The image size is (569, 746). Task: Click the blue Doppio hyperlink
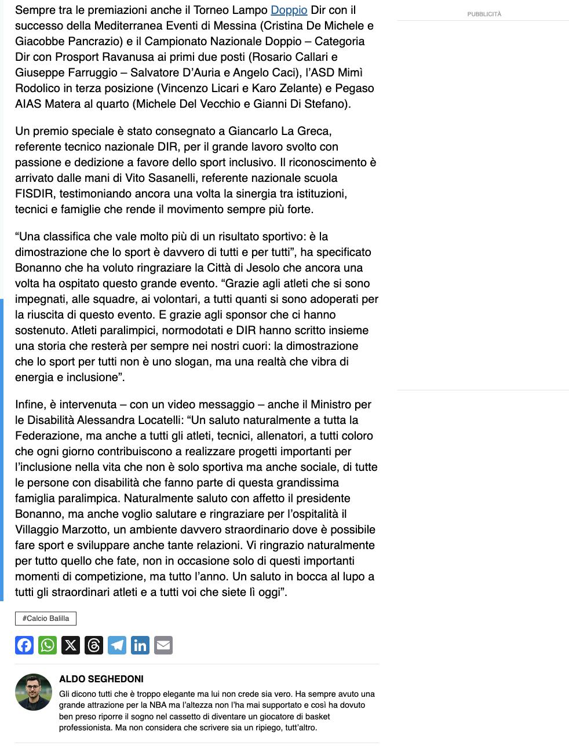point(289,10)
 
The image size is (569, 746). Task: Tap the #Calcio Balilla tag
point(46,619)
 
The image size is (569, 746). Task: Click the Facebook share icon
point(24,645)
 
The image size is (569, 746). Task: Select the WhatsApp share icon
point(48,645)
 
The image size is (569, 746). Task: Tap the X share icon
point(71,645)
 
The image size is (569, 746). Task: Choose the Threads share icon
point(94,645)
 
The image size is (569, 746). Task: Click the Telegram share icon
point(117,645)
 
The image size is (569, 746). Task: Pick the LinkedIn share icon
point(140,645)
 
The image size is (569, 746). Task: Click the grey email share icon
point(163,645)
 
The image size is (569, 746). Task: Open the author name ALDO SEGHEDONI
point(101,679)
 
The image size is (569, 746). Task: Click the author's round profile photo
point(34,692)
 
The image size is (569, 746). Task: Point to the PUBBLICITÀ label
point(484,14)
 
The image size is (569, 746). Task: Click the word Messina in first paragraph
point(236,26)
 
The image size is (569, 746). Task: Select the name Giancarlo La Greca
point(280,131)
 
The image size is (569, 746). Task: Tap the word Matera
point(64,104)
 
